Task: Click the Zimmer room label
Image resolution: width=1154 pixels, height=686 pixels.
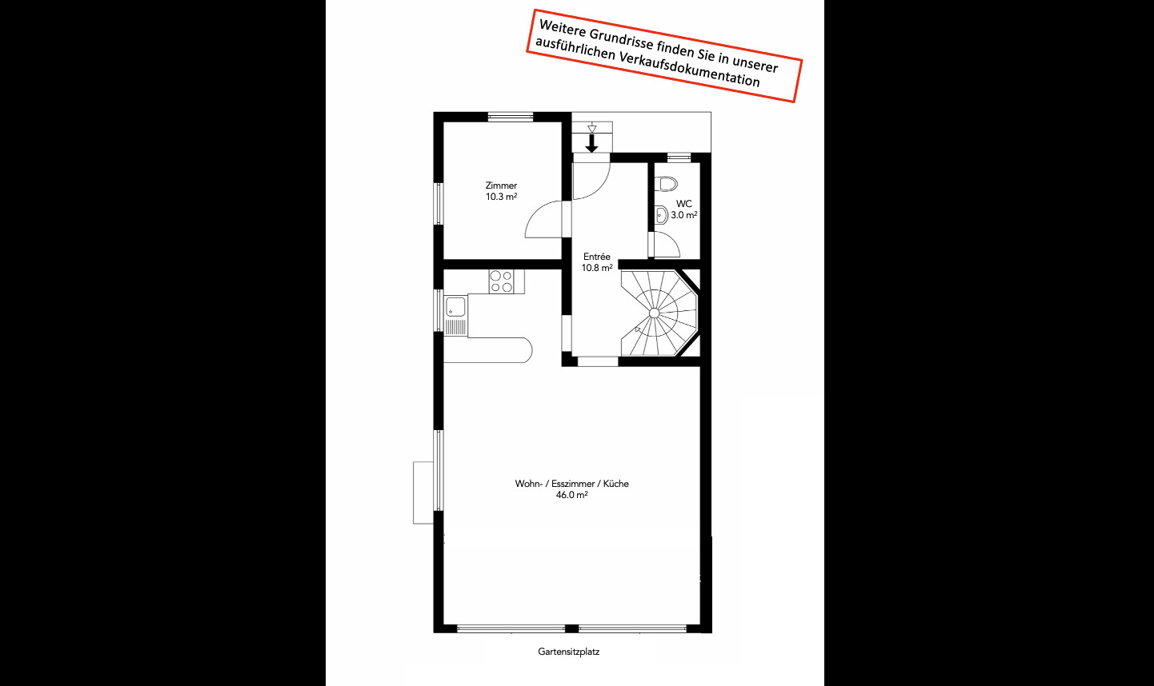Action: click(x=501, y=185)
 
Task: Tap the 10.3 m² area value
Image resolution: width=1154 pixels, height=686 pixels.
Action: click(x=501, y=197)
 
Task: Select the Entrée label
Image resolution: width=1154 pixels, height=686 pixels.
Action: click(x=596, y=257)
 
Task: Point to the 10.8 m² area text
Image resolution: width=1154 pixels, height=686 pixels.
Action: click(x=597, y=268)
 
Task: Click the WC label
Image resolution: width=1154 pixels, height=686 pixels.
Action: click(x=683, y=204)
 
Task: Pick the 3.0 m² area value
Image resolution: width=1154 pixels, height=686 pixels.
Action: click(x=683, y=215)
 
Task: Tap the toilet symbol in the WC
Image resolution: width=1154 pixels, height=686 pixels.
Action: click(x=667, y=184)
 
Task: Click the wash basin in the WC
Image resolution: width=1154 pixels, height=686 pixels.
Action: click(x=661, y=216)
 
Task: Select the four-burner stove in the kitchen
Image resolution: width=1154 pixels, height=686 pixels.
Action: click(x=501, y=281)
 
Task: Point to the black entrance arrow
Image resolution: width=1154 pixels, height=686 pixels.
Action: click(x=592, y=143)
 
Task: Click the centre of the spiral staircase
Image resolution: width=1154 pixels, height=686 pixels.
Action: click(x=655, y=313)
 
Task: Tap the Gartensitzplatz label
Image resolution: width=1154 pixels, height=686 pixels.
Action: click(x=569, y=652)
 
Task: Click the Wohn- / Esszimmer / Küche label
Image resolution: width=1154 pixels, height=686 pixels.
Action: click(x=572, y=484)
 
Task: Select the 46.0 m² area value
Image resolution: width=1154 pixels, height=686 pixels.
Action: click(x=572, y=495)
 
